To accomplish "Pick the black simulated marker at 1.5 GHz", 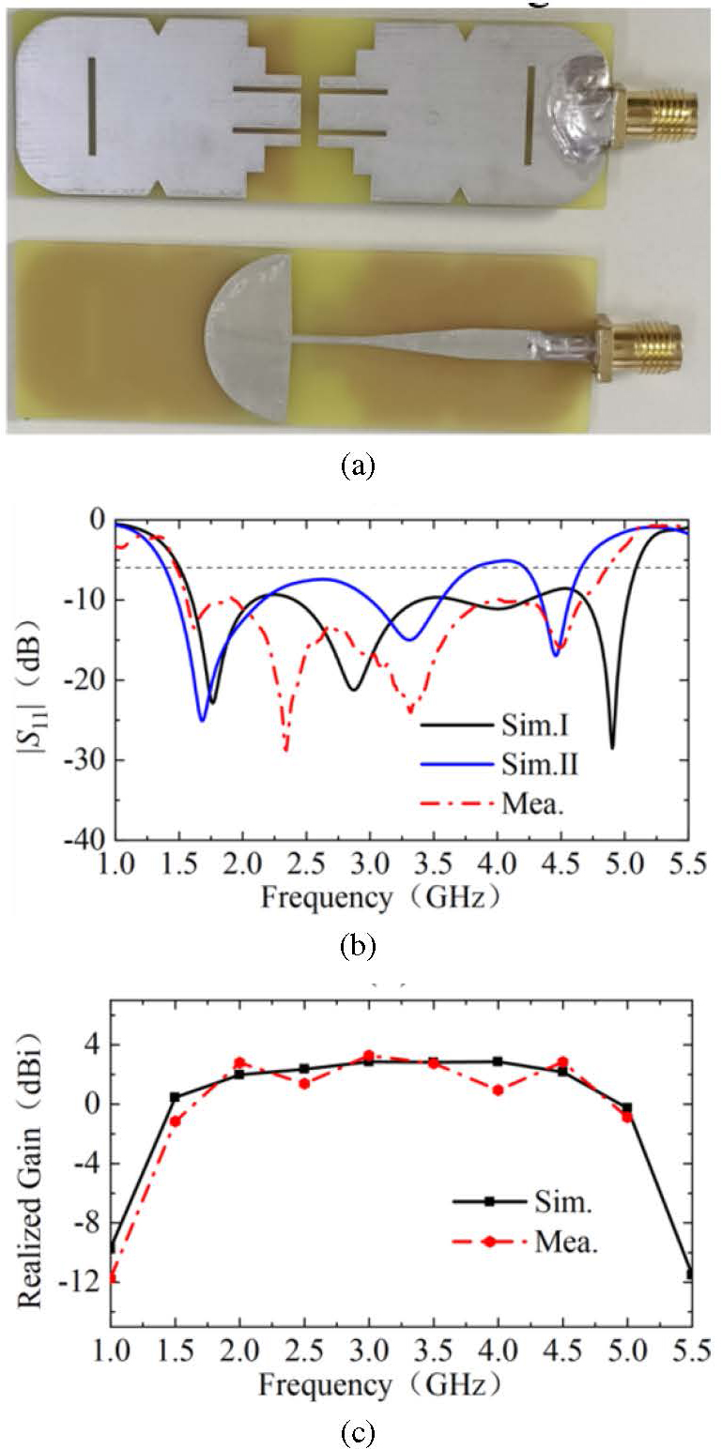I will (x=175, y=1096).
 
